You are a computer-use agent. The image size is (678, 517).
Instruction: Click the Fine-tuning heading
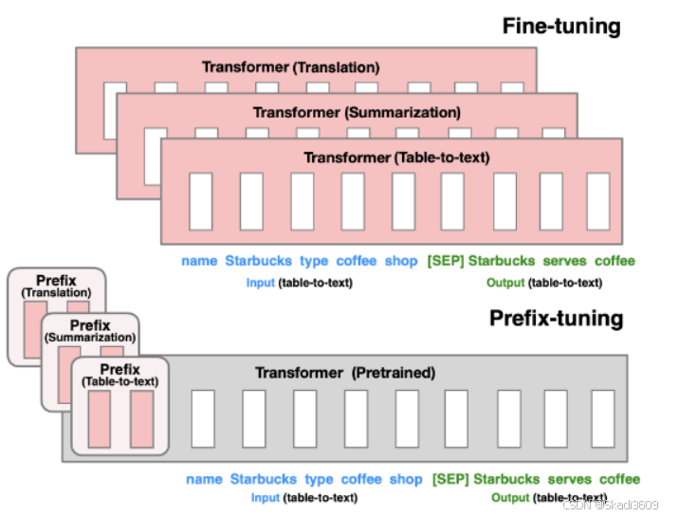tap(560, 25)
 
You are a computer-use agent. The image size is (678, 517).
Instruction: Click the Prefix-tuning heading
tap(557, 318)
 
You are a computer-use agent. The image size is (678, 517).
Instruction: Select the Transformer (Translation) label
tap(290, 67)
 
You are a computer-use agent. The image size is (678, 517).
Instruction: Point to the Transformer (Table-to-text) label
tap(390, 157)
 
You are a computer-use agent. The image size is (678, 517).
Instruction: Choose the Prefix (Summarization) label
tap(90, 331)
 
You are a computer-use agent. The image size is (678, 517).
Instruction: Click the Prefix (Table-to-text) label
tap(119, 375)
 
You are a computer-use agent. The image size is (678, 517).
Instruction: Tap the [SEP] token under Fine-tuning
tap(446, 261)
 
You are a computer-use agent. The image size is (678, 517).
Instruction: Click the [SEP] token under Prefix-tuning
tap(450, 479)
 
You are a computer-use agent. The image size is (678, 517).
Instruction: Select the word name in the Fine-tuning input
tap(199, 261)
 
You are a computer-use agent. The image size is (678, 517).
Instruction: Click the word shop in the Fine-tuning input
tap(400, 261)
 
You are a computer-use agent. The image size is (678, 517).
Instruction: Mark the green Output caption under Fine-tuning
tap(505, 283)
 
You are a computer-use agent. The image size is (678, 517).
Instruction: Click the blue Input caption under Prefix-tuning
tap(266, 498)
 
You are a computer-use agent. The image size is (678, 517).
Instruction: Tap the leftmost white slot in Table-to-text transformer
tap(200, 201)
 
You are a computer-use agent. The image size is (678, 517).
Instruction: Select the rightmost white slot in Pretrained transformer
tap(602, 418)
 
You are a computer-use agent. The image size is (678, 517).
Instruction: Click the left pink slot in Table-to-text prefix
tap(98, 418)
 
